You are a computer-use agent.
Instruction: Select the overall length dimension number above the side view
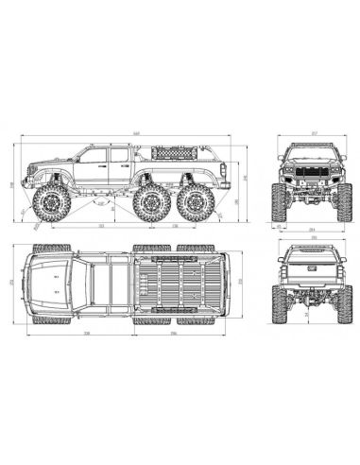pyautogui.click(x=139, y=133)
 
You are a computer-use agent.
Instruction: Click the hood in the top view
pyautogui.click(x=47, y=282)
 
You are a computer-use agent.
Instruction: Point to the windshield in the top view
pyautogui.click(x=79, y=282)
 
